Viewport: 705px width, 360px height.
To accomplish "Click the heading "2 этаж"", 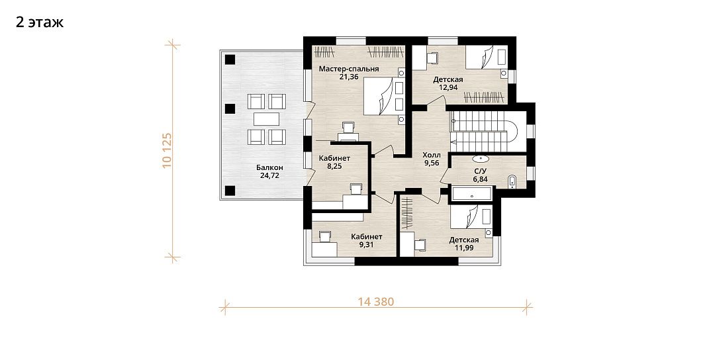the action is point(40,22).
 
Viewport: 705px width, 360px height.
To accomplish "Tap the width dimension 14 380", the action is point(376,302).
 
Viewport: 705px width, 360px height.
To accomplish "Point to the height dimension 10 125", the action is point(167,150).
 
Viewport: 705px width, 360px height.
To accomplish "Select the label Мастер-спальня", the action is point(349,69).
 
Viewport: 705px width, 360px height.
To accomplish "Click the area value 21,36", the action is point(349,77).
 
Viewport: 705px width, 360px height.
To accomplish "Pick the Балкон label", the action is point(270,167).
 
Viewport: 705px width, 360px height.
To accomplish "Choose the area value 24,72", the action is point(270,175).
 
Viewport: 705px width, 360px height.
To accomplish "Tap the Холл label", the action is point(432,155).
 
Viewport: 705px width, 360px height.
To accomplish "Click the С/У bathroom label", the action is point(480,171).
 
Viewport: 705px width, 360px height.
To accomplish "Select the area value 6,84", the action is point(480,179).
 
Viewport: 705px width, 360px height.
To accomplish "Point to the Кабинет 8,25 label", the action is point(334,158).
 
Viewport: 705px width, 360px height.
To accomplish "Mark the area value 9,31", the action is point(367,245).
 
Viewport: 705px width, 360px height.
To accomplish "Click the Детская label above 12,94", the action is point(447,79).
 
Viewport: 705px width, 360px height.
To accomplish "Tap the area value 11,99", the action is point(463,247).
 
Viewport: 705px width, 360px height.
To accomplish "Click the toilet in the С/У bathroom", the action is point(512,181).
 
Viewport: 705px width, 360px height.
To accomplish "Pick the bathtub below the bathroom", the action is point(472,194).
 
